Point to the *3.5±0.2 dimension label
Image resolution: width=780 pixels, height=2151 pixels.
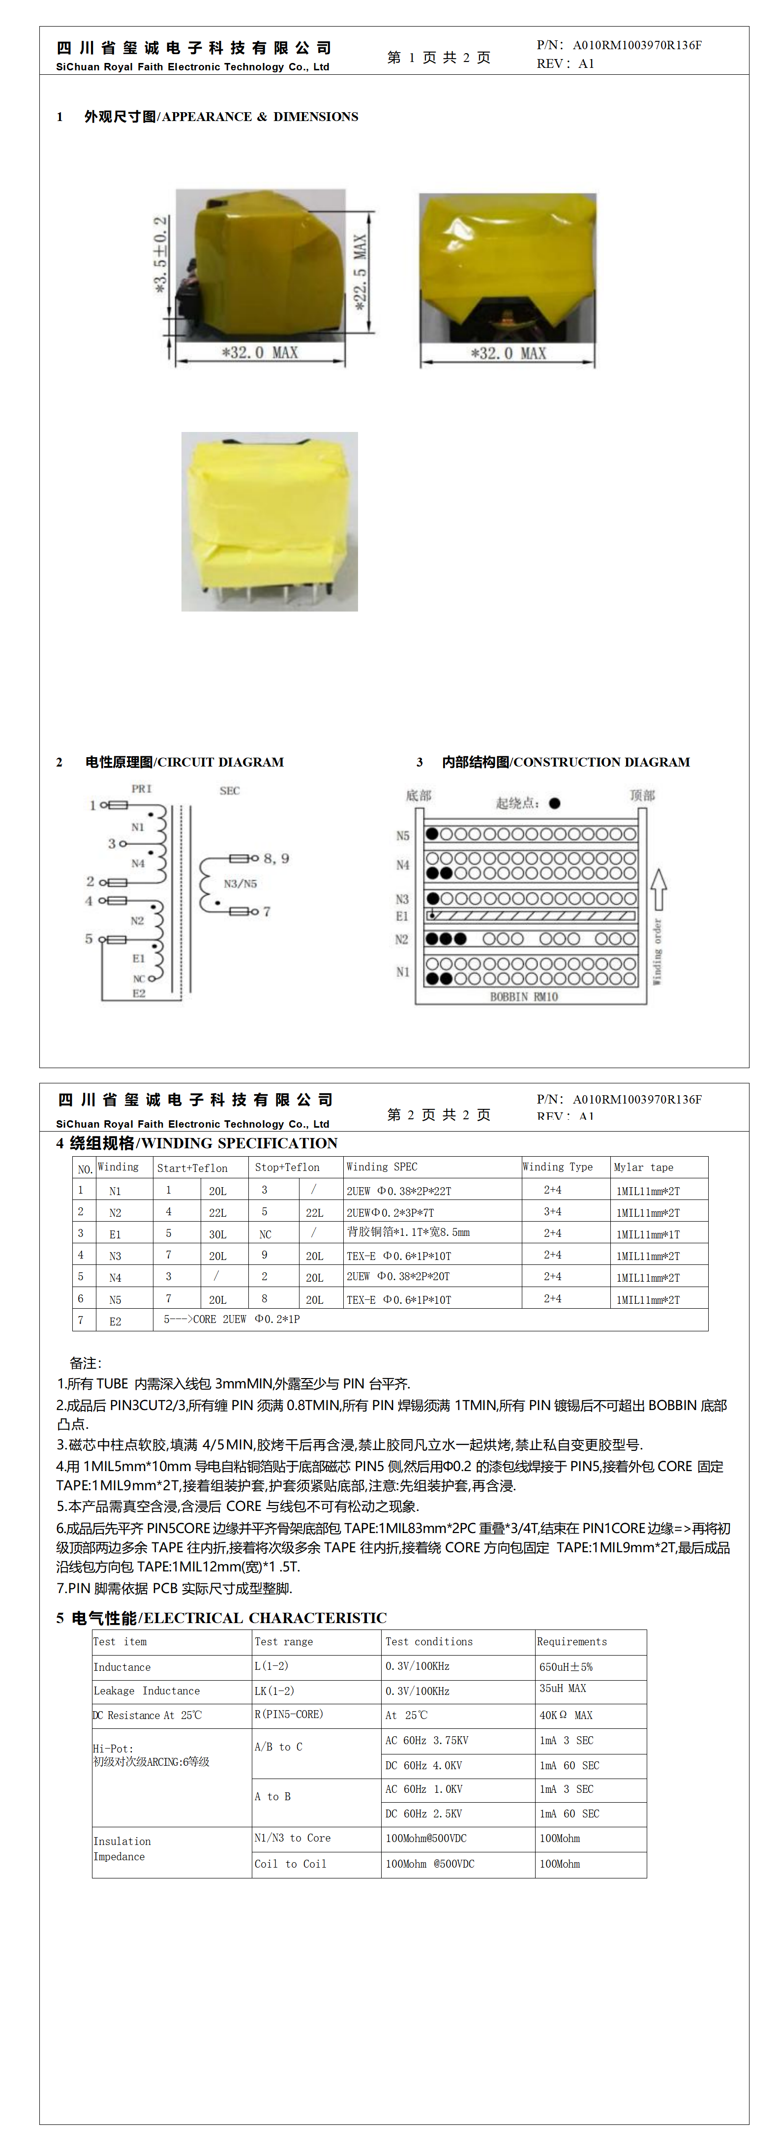click(160, 255)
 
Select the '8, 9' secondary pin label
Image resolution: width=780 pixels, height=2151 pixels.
click(276, 859)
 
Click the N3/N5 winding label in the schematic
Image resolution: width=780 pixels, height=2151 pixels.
click(240, 884)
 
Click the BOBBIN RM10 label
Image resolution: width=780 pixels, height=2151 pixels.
click(524, 997)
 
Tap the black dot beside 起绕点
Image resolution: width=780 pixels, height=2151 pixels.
click(555, 803)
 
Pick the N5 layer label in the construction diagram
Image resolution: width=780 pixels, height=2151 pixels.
click(402, 835)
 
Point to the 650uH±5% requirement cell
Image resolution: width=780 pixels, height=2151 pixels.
click(566, 1667)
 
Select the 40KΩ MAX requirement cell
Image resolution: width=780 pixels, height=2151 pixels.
click(566, 1715)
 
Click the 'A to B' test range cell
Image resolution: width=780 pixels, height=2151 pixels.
click(273, 1796)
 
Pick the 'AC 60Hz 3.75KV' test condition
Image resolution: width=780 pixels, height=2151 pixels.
click(427, 1740)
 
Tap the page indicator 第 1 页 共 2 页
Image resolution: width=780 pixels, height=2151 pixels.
click(438, 58)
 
